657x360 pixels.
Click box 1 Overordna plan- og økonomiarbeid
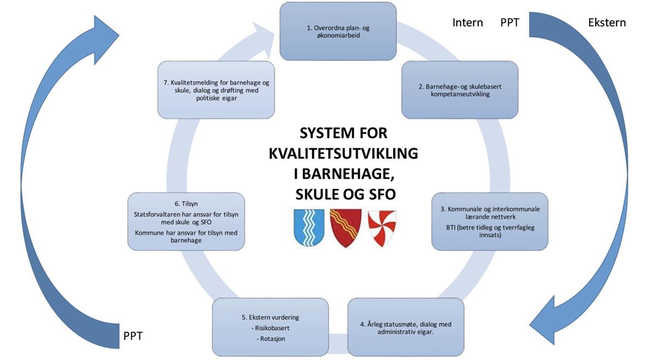338,31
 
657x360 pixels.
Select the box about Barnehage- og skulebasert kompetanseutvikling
459,90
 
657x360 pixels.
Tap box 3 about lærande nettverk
490,222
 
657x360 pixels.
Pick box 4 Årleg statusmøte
406,328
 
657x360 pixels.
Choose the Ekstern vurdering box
270,328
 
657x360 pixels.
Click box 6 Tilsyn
186,222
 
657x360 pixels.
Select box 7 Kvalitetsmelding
216,90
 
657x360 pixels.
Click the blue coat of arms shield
309,228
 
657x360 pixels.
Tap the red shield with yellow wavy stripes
345,228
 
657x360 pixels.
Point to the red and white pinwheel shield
382,228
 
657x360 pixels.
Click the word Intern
468,22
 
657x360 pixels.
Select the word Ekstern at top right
607,22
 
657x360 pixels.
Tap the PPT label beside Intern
510,22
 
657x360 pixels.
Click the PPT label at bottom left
133,336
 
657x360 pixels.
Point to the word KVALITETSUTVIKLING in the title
343,154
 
